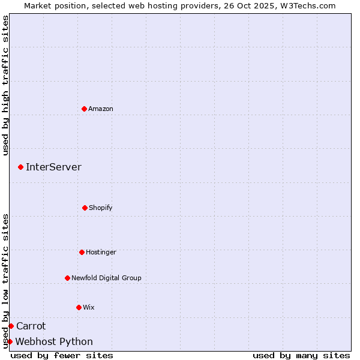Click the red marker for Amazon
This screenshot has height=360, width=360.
click(x=84, y=109)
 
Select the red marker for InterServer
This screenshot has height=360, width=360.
click(x=20, y=167)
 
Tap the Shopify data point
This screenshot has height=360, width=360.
click(x=85, y=208)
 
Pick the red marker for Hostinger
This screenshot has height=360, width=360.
click(x=82, y=252)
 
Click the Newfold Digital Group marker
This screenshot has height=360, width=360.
click(x=67, y=278)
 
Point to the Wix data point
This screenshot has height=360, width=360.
click(x=79, y=307)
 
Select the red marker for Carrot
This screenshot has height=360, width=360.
click(x=11, y=326)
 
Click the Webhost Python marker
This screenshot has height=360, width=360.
click(x=10, y=341)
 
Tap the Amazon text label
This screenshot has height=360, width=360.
click(x=101, y=109)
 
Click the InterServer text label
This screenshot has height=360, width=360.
click(x=53, y=167)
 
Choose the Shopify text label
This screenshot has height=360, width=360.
click(x=101, y=208)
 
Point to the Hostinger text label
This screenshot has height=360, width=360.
click(x=101, y=252)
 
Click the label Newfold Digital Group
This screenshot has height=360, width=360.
click(x=106, y=278)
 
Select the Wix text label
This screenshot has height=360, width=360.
click(x=89, y=307)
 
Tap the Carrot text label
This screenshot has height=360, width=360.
click(x=31, y=326)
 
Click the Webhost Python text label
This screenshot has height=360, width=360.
click(x=54, y=341)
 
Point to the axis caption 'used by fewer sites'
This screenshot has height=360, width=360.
click(x=62, y=355)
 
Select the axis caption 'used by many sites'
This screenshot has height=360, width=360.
click(x=301, y=355)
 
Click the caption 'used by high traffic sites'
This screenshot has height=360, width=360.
click(x=5, y=85)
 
